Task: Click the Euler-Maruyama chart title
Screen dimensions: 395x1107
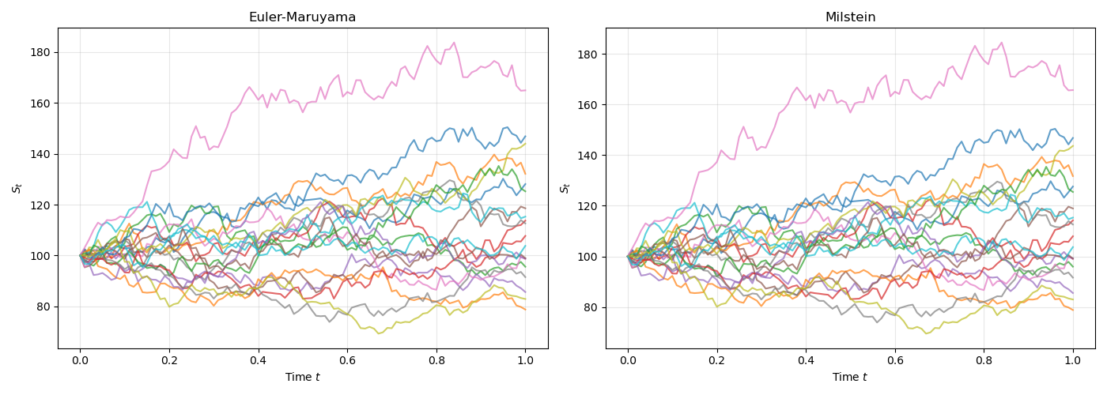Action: click(302, 17)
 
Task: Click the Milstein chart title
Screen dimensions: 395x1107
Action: click(850, 17)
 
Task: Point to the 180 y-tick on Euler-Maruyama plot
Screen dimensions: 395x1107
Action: click(41, 52)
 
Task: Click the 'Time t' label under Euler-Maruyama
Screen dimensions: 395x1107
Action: click(302, 377)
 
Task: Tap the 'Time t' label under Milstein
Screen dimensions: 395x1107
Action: click(850, 377)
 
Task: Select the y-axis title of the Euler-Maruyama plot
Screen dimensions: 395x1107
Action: click(17, 188)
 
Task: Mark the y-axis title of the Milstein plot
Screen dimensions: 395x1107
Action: click(565, 188)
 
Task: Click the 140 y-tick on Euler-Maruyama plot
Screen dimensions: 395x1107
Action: click(41, 154)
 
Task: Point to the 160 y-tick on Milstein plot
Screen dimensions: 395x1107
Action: click(590, 104)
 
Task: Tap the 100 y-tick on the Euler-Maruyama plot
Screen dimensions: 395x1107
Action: click(41, 256)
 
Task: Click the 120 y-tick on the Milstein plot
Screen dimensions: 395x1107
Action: click(590, 206)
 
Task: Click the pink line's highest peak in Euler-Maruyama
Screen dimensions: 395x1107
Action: click(454, 43)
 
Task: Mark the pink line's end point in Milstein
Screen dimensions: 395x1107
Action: click(1073, 90)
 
